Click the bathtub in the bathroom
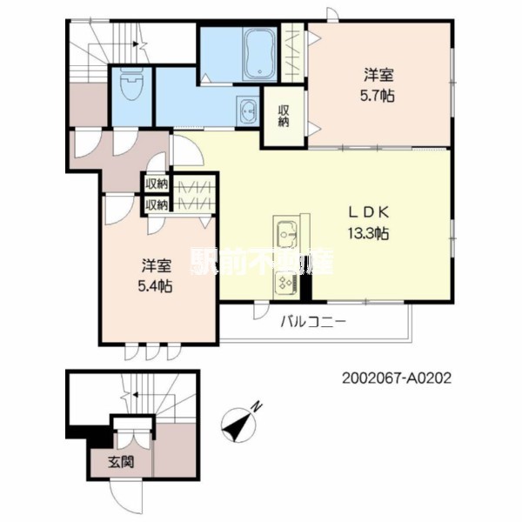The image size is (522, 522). tap(259, 54)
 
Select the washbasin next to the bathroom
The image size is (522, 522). tap(248, 110)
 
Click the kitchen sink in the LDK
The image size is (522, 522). tap(286, 234)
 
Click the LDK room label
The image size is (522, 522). tap(369, 212)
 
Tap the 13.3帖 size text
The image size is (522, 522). tap(369, 233)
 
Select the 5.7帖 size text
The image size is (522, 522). tap(377, 96)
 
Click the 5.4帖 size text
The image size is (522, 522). tap(155, 285)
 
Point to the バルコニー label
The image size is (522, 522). tap(313, 322)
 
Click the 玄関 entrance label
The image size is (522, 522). tap(121, 462)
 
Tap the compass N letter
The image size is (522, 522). tap(256, 407)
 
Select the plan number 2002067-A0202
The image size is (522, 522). tap(397, 378)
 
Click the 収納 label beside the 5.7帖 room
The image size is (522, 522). tap(284, 116)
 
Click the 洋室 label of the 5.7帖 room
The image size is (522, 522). tap(378, 75)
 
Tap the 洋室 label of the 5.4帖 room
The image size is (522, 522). tap(157, 265)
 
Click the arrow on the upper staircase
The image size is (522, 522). tap(136, 43)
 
